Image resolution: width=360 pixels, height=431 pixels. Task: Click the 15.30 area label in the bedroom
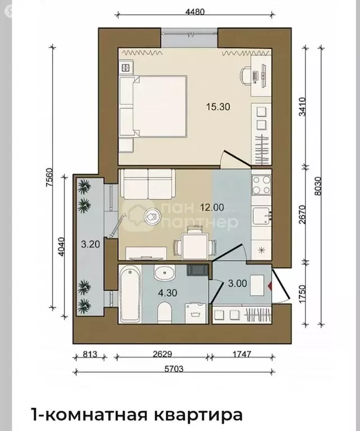click(218, 107)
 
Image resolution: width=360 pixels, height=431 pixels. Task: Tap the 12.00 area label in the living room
click(212, 207)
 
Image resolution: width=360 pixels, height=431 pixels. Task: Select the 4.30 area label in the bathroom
click(168, 293)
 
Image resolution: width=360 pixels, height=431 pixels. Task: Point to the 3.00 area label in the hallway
click(238, 283)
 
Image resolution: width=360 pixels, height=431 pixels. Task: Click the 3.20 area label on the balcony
click(90, 244)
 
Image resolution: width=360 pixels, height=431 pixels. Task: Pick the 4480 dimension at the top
click(195, 12)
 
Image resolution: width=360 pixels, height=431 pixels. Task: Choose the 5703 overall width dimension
click(173, 369)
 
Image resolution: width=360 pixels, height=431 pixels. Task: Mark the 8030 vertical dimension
click(318, 186)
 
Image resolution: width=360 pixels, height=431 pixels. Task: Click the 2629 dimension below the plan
click(162, 354)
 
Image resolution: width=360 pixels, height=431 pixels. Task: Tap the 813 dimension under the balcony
click(90, 354)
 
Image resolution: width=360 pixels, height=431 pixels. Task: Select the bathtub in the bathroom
click(131, 294)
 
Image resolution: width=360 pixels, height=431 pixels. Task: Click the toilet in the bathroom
click(165, 313)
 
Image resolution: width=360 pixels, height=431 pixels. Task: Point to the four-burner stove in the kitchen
click(261, 185)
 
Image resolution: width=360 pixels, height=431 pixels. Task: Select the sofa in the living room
click(148, 184)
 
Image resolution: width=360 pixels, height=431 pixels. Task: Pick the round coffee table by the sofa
click(152, 216)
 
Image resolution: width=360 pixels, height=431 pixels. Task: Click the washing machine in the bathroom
click(196, 313)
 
